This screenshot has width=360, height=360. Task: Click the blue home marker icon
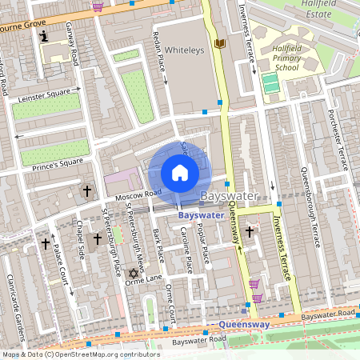coord(180,172)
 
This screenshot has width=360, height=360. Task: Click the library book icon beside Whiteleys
coord(220,43)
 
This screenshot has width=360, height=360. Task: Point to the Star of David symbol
coord(134,274)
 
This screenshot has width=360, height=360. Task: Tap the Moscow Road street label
coord(138,194)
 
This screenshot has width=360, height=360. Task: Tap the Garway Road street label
coord(70,48)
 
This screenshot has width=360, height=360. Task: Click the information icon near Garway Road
coord(44,36)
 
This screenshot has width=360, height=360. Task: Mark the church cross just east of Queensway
coord(250,232)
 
